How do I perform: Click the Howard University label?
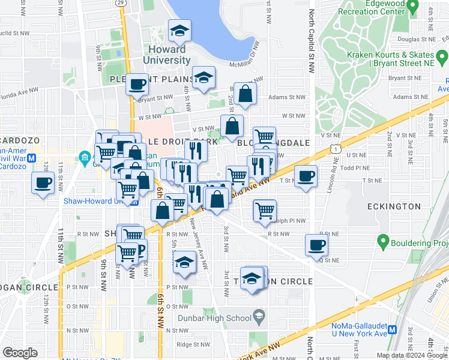coord(167,54)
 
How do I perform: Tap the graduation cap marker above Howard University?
coord(179,30)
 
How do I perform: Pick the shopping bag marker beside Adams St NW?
coord(245,93)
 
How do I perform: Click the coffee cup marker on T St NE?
coord(306,176)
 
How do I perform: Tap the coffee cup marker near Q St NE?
coord(316,244)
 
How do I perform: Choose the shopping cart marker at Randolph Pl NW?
coord(265,211)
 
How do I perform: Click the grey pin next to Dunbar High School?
coord(259,315)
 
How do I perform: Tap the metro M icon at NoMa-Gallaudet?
coord(393,329)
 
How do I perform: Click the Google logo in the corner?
coord(20,353)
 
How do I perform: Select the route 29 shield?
coord(120,3)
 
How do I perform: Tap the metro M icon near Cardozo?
coord(32,158)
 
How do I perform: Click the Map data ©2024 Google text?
coord(412,355)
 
